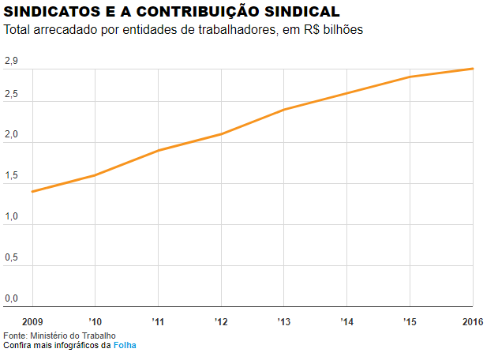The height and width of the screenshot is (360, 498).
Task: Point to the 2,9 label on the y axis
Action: (11, 62)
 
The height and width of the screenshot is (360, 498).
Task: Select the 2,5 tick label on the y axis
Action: (11, 95)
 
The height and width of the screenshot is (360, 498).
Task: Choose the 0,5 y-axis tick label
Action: (11, 258)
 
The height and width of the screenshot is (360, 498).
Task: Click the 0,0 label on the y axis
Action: (11, 298)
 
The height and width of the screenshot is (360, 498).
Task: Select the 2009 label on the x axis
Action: (32, 321)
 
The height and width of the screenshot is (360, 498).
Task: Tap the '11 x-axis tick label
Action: (158, 321)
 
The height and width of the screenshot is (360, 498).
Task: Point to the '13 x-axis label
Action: (284, 321)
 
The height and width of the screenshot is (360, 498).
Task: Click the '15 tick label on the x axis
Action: (410, 321)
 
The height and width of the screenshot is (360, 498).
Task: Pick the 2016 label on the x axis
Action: (473, 321)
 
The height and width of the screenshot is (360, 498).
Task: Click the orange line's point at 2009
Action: (32, 192)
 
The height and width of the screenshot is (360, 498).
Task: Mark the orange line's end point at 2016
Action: (473, 69)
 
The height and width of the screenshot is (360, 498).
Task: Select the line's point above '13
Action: (284, 109)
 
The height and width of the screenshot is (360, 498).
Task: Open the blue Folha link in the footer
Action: (125, 346)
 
